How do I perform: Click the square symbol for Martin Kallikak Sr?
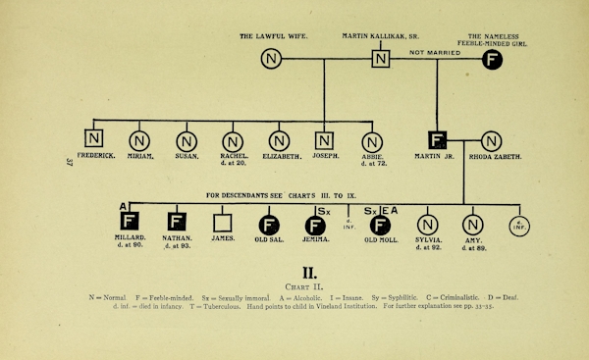point(381,59)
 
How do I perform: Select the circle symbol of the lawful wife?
point(271,59)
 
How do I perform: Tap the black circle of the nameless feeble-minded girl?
point(493,59)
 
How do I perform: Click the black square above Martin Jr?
point(439,141)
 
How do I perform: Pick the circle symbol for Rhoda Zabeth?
point(492,141)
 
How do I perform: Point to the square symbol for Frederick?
point(94,141)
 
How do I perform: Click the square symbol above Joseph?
point(325,141)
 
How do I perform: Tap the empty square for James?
point(223,224)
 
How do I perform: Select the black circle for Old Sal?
point(268,225)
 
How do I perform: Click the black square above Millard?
point(130,224)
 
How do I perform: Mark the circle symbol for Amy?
point(472,225)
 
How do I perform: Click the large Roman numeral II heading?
point(308,271)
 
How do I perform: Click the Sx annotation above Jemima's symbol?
point(323,210)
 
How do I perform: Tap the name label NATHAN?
point(178,238)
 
